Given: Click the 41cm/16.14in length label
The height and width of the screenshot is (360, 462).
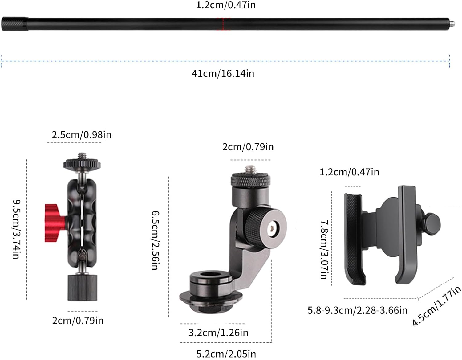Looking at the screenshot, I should pos(223,73).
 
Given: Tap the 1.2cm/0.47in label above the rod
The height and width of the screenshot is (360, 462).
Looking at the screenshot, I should pos(226,5).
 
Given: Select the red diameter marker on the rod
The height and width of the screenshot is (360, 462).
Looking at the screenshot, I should pos(223,24).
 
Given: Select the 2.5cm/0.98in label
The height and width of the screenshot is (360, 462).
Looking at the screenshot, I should pos(81,135).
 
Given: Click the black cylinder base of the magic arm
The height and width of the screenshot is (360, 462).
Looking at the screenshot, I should pos(82,287).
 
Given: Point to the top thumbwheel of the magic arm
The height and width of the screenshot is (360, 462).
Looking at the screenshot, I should pos(82,163).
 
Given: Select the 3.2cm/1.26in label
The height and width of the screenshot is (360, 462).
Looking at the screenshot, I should pos(218,333).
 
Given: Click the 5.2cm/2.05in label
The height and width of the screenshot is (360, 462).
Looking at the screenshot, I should pos(226,354).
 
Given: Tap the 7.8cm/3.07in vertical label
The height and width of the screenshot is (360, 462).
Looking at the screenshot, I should pos(324,249).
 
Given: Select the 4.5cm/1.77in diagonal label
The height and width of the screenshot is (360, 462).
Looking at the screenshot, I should pos(436,305).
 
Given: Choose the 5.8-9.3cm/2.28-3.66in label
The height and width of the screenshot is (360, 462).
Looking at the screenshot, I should pos(357,310).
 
